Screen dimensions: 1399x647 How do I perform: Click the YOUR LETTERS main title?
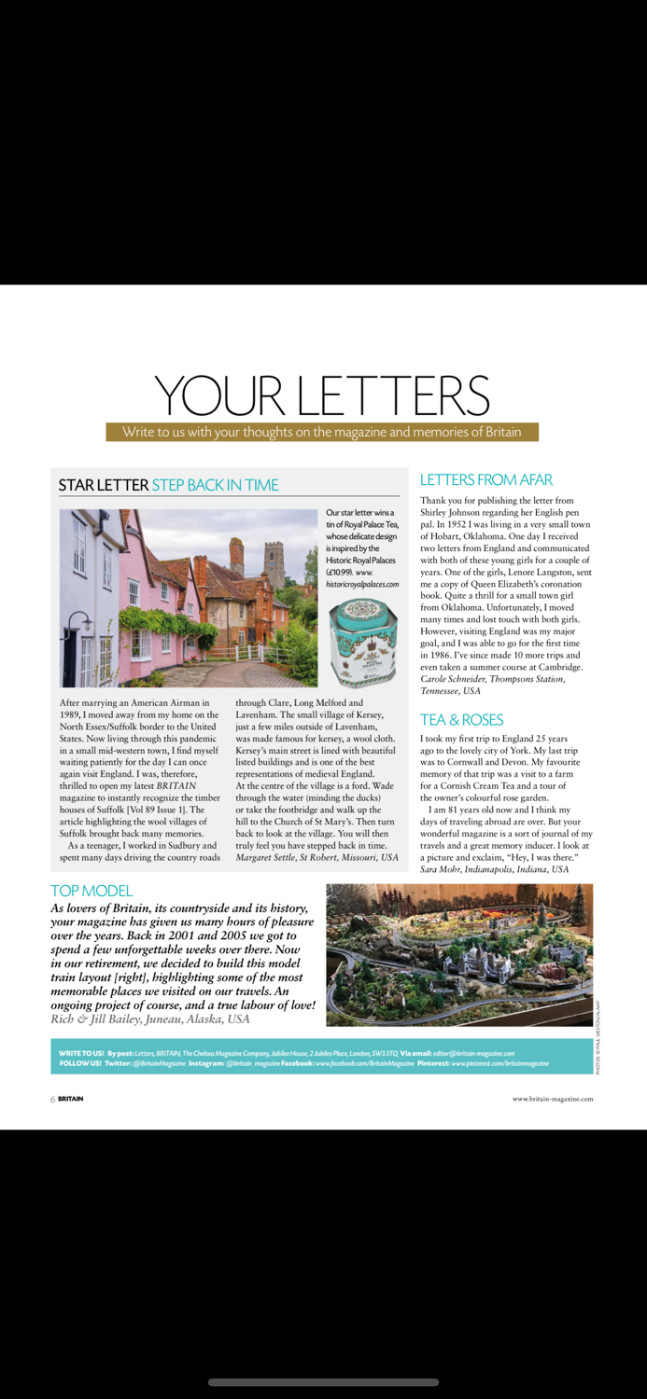pos(322,395)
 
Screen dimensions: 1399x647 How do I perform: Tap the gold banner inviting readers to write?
pos(322,432)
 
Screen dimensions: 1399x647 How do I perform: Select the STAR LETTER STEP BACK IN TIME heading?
pos(168,485)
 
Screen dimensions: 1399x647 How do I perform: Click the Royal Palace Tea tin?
pos(363,644)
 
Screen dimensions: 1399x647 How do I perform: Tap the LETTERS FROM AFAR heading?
pos(486,479)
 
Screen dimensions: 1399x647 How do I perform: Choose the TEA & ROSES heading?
pos(461,719)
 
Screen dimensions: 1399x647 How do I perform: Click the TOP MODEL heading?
pos(91,891)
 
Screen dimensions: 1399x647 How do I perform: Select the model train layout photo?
pos(459,942)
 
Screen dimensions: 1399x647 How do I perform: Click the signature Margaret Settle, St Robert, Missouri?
pos(316,857)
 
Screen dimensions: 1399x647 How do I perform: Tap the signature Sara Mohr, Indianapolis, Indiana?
pos(494,869)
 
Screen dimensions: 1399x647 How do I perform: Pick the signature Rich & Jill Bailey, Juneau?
pos(149,1019)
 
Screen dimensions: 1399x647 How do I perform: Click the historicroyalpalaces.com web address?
pos(363,584)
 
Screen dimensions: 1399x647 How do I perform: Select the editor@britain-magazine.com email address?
pos(473,1053)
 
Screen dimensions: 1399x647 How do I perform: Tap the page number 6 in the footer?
pos(53,1099)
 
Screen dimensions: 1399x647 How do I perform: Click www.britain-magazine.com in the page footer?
pos(552,1099)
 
